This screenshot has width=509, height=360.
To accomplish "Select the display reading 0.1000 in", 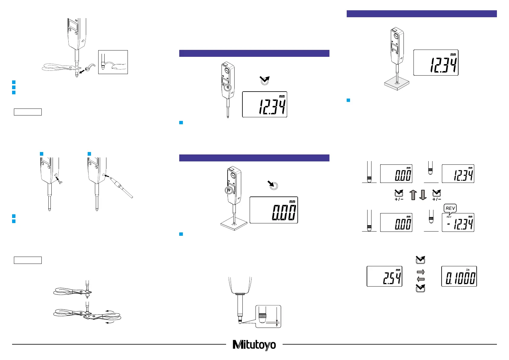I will point(459,276).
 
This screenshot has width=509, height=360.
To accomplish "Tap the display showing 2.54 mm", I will point(384,276).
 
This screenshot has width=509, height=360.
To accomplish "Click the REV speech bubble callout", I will point(450,208).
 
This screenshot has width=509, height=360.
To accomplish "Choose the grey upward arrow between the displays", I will point(413,195).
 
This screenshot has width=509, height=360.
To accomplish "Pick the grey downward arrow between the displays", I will point(423,195).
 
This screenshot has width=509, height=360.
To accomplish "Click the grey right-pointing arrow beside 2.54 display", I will point(420,272).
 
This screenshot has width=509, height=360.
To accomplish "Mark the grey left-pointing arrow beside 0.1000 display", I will point(420,279).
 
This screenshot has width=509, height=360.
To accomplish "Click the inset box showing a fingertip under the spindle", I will point(113,62).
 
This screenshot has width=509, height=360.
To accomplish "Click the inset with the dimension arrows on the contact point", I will point(268,316).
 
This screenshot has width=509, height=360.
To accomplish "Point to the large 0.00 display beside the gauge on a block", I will point(274,210).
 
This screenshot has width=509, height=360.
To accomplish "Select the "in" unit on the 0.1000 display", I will point(468,270).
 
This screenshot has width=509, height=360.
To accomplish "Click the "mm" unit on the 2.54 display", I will point(398,270).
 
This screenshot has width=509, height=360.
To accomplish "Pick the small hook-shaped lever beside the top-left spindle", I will point(89,68).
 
